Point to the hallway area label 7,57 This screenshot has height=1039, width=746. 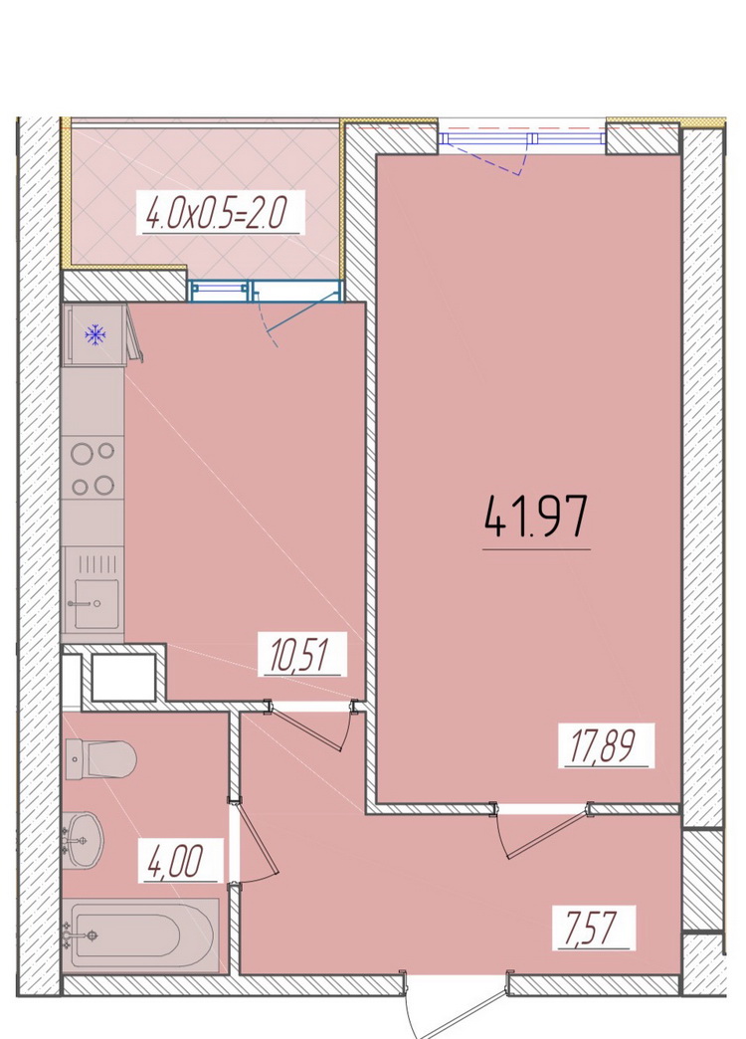(x=592, y=928)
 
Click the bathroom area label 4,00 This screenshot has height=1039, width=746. (x=178, y=860)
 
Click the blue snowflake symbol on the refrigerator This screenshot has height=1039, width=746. (x=95, y=334)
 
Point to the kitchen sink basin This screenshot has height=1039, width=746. (x=96, y=604)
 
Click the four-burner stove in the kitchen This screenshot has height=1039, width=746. (x=93, y=468)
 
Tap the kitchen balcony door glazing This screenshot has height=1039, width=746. (x=266, y=291)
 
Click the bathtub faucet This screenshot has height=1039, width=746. (x=81, y=935)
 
